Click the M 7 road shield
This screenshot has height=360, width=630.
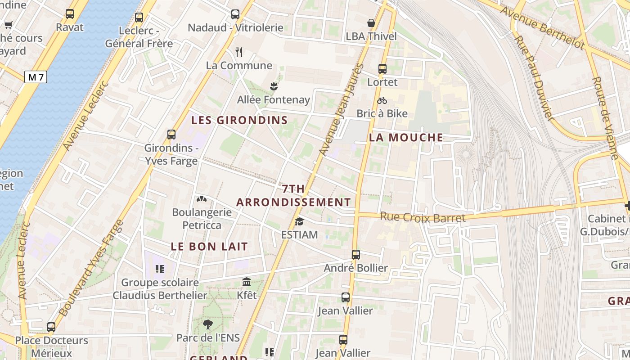click(36, 77)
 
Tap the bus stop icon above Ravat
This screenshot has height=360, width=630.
click(70, 14)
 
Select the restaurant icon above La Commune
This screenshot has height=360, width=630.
click(239, 52)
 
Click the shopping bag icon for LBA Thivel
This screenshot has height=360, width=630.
click(371, 23)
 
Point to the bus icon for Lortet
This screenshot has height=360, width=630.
click(382, 69)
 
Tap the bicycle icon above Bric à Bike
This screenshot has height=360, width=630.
click(382, 100)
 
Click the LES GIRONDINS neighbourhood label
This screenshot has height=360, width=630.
click(239, 120)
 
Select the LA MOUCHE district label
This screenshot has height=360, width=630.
click(406, 138)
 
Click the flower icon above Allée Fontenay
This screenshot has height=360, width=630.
click(273, 86)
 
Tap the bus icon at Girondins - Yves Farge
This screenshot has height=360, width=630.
click(171, 134)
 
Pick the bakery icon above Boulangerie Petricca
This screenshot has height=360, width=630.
click(202, 199)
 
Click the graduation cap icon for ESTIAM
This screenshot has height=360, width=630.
click(299, 221)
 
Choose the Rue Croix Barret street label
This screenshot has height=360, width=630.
click(423, 217)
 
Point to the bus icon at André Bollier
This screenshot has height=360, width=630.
click(356, 255)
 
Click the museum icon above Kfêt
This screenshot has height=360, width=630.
click(247, 282)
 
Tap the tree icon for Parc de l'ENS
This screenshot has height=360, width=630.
click(207, 324)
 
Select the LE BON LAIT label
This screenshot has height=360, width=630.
click(209, 247)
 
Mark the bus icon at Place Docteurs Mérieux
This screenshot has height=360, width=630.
click(52, 327)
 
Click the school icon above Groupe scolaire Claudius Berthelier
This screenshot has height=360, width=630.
click(159, 269)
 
